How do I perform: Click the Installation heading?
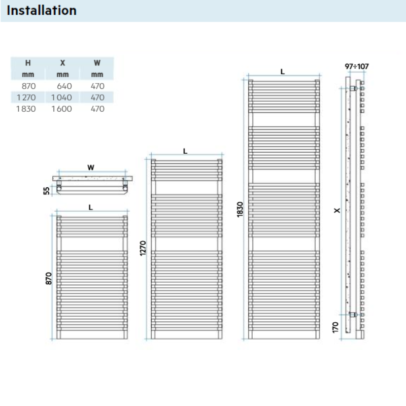42,10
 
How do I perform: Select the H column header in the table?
29,63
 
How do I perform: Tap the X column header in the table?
62,63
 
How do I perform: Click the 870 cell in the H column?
29,86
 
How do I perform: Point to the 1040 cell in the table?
62,97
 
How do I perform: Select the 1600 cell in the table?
62,109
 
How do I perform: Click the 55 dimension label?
47,190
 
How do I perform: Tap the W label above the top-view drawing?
91,166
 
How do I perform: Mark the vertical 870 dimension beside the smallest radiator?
49,278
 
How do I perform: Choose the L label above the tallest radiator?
283,72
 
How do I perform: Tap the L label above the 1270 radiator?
185,151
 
